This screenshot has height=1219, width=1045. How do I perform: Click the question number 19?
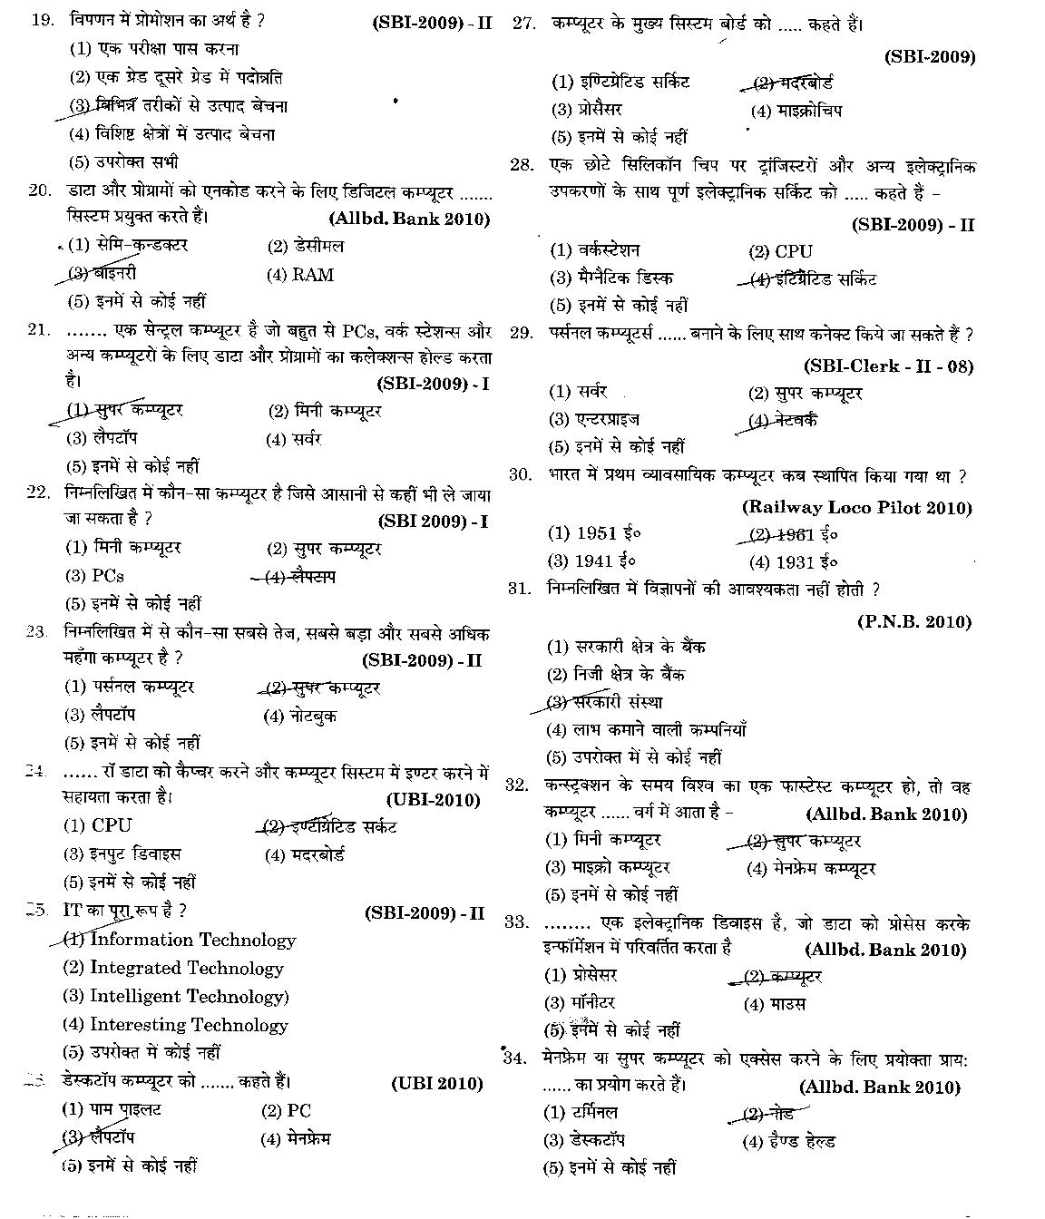tap(43, 20)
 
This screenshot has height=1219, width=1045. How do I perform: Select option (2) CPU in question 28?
tap(780, 251)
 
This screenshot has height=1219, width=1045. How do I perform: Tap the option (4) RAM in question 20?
tap(300, 275)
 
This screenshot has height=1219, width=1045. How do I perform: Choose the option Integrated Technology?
tap(173, 969)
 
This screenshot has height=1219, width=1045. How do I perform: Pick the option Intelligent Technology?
tap(176, 997)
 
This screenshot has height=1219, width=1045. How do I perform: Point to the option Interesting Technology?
tap(175, 1025)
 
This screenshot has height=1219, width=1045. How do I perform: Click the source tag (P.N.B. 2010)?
tap(913, 621)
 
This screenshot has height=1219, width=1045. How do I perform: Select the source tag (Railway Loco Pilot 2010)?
tap(856, 508)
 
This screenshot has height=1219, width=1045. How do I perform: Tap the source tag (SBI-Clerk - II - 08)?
tap(888, 366)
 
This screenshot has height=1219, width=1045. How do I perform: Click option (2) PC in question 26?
tap(286, 1110)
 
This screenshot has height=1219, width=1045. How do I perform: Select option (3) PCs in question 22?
tap(94, 576)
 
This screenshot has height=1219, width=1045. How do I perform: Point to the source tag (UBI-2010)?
tap(433, 799)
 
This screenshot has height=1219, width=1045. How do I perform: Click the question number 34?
tap(515, 1058)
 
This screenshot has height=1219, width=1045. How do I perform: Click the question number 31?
tap(519, 589)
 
